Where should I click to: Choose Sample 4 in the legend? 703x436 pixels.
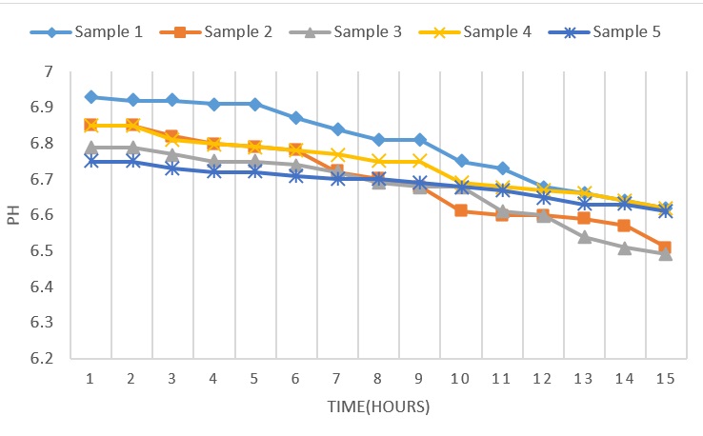pos(495,32)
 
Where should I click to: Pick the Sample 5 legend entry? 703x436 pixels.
pos(624,32)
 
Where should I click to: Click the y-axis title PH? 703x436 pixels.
pos(13,215)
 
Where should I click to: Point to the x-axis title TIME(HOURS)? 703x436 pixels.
pos(379,407)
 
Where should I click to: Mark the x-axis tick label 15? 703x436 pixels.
pos(666,378)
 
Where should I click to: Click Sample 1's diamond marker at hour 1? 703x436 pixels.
pos(91,97)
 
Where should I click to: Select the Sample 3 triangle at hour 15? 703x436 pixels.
pos(666,254)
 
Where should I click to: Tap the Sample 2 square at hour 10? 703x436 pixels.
pos(461,210)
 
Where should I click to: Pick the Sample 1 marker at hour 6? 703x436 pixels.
pos(297,118)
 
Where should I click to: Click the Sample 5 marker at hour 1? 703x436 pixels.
pos(91,161)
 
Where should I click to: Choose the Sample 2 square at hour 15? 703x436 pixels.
pos(666,248)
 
